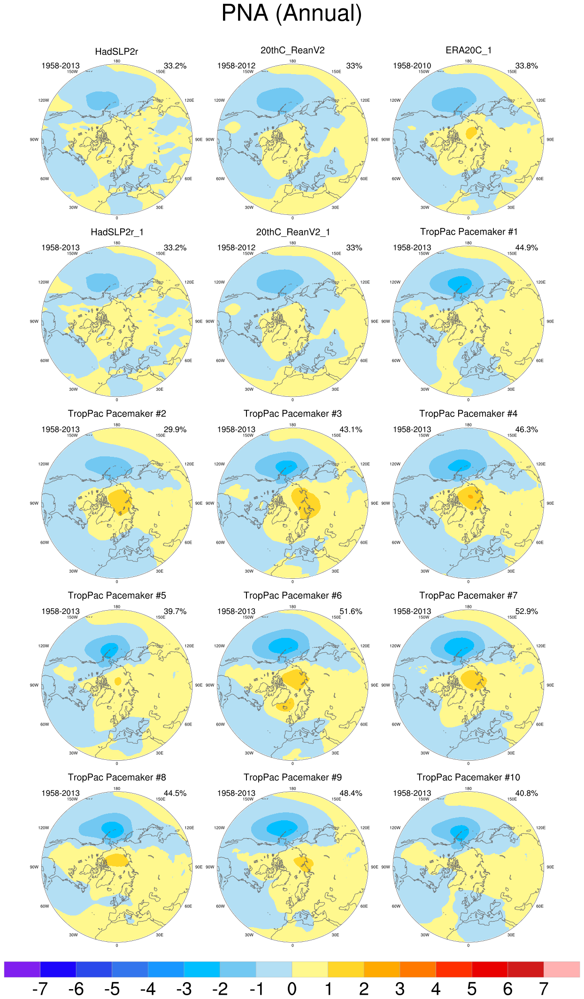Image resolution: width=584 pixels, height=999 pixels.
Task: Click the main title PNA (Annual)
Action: [x=292, y=13]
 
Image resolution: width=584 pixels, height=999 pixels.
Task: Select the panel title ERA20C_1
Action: [x=468, y=50]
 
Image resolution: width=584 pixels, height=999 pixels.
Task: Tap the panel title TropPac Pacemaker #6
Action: [x=292, y=595]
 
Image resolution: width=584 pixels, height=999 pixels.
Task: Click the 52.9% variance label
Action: [x=526, y=611]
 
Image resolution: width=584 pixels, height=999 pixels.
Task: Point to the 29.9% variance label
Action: [x=175, y=429]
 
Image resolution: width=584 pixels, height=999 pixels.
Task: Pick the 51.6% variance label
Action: [x=351, y=611]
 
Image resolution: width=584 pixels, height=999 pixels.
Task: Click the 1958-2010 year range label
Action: [x=412, y=66]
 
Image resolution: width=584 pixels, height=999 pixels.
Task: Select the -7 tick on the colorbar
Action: [x=40, y=989]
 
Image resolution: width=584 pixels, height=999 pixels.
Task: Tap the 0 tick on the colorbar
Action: [x=292, y=989]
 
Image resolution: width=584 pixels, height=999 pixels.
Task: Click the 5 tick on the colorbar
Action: [x=472, y=989]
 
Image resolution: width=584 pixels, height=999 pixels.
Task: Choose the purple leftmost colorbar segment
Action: [x=22, y=969]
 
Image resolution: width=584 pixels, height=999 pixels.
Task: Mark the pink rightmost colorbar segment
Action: [x=561, y=969]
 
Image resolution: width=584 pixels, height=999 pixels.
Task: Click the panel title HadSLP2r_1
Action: [x=117, y=232]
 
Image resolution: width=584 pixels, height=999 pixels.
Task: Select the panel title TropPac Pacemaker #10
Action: [x=468, y=777]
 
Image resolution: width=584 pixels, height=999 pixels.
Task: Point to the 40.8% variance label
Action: [x=526, y=793]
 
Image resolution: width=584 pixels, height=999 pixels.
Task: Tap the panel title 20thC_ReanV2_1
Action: [x=292, y=232]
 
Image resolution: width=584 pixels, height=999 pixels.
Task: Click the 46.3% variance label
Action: [x=526, y=429]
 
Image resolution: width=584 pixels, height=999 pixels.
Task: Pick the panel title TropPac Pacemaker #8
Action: [x=117, y=777]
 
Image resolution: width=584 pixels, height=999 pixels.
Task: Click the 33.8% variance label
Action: [x=526, y=66]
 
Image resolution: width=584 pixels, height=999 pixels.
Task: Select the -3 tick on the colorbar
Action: [x=184, y=989]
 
